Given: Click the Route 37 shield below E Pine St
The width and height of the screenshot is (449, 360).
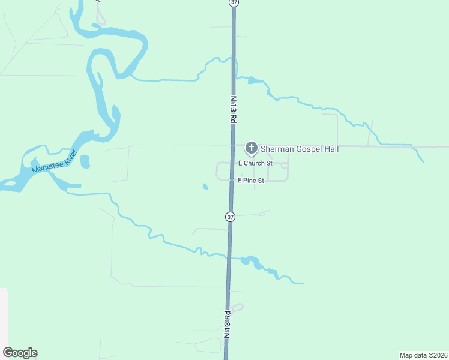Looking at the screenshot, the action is point(230,216).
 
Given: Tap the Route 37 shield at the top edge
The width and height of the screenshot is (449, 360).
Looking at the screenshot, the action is point(234,3).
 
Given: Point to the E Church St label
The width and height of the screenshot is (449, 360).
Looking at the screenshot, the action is point(255,163).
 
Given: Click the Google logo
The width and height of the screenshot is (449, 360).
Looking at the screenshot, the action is point(20,353).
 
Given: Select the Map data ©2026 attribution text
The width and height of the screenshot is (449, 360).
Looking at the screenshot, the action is point(423,355).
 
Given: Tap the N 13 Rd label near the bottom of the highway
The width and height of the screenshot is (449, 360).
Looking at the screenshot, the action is point(227,326).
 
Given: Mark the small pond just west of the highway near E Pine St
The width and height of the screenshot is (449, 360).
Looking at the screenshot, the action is point(205,187).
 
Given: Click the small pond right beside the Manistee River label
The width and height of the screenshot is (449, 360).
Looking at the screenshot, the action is point(85,161).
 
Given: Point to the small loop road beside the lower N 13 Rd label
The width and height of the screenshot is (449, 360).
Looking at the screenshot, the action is point(237,308).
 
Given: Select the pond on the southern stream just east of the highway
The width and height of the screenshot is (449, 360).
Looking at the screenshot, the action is point(251,261).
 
